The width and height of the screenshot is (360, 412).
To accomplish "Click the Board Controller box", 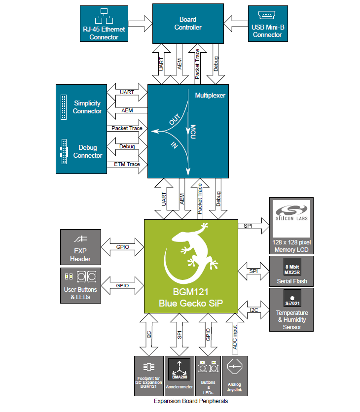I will [x=187, y=24].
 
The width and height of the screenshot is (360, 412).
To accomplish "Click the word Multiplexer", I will [x=210, y=95].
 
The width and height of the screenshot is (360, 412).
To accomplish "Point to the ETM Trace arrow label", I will [x=127, y=164].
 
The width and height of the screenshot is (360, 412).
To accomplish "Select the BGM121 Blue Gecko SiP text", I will [x=190, y=299].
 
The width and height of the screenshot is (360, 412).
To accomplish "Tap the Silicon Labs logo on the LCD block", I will [x=291, y=217].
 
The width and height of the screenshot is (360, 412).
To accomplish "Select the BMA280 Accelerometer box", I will [x=179, y=376].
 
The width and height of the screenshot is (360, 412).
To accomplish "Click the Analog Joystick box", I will [x=235, y=376].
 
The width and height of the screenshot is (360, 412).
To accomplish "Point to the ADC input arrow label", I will [x=235, y=338].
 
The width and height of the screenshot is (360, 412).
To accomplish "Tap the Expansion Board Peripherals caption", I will [x=191, y=401].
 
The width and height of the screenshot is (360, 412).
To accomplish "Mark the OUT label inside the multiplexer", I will [x=174, y=120].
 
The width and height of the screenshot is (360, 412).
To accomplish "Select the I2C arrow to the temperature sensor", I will [x=254, y=310].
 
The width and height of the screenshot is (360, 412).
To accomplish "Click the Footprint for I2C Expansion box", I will [x=148, y=376].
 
